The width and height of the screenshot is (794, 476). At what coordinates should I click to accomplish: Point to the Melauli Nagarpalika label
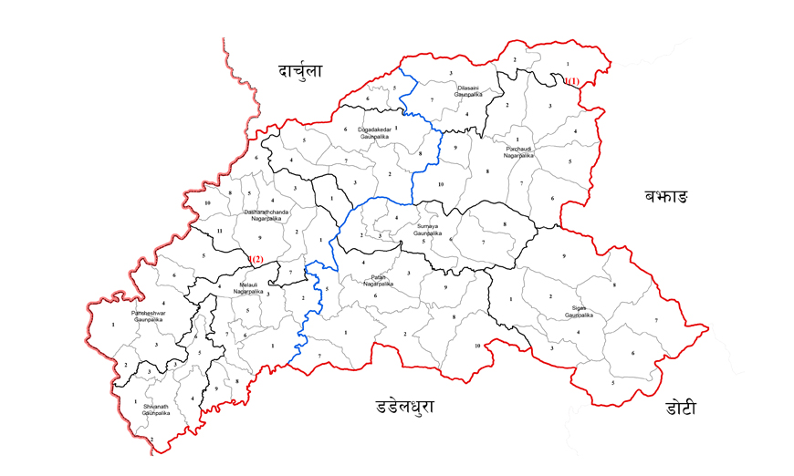(250, 288)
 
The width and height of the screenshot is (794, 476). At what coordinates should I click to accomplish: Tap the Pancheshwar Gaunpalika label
(147, 316)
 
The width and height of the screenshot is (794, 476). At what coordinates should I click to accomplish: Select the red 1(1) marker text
(571, 82)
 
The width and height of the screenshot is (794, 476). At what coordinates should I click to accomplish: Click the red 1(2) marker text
(255, 259)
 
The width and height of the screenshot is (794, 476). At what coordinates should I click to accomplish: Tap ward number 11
(219, 232)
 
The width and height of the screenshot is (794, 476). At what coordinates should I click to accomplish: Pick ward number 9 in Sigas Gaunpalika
(565, 256)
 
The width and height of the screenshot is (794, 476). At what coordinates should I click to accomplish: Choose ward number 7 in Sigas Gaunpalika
(655, 321)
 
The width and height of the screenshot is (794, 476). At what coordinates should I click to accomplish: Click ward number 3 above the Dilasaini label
(451, 72)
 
